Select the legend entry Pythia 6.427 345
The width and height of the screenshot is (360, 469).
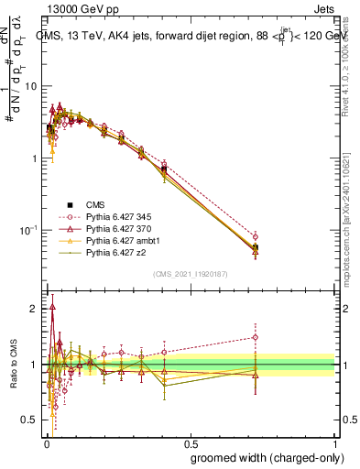(112, 216)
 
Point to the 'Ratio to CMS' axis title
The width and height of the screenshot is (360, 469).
(13, 364)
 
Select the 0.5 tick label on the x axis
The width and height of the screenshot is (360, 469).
(191, 442)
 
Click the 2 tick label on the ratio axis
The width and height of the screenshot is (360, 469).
(35, 309)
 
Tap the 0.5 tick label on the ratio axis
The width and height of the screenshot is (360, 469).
(30, 420)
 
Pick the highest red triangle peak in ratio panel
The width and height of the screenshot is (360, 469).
(52, 308)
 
